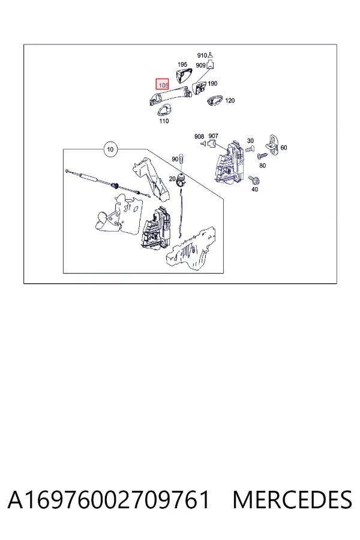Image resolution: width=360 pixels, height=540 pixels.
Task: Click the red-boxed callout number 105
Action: pos(163,85)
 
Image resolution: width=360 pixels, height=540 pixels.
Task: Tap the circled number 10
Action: pos(110,149)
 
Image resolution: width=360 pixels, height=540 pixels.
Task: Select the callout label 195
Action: pos(182,64)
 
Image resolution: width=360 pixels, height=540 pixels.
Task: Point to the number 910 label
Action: pos(202,55)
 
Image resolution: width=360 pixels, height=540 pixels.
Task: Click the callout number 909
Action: pos(200,65)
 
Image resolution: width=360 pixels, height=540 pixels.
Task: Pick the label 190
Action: pos(212,83)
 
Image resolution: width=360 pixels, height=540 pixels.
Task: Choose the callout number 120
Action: pos(230,101)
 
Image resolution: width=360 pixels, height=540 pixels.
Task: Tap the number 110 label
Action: pos(164,121)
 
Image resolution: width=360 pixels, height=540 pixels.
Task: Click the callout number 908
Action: pos(199,136)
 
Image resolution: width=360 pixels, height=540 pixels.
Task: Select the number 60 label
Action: pos(284,148)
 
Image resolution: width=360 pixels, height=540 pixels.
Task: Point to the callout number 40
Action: pos(254,189)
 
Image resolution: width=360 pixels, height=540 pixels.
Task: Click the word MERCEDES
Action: pos(292,500)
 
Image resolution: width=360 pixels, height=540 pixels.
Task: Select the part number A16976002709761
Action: pos(109,500)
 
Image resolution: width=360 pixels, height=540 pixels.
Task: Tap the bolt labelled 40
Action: pos(255,181)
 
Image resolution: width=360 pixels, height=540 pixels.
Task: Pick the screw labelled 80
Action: pos(262,157)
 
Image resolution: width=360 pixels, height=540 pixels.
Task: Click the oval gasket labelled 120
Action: pos(215,100)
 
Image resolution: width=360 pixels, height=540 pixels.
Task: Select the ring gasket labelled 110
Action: pos(165,111)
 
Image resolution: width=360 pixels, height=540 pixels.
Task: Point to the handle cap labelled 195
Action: pos(183,76)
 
